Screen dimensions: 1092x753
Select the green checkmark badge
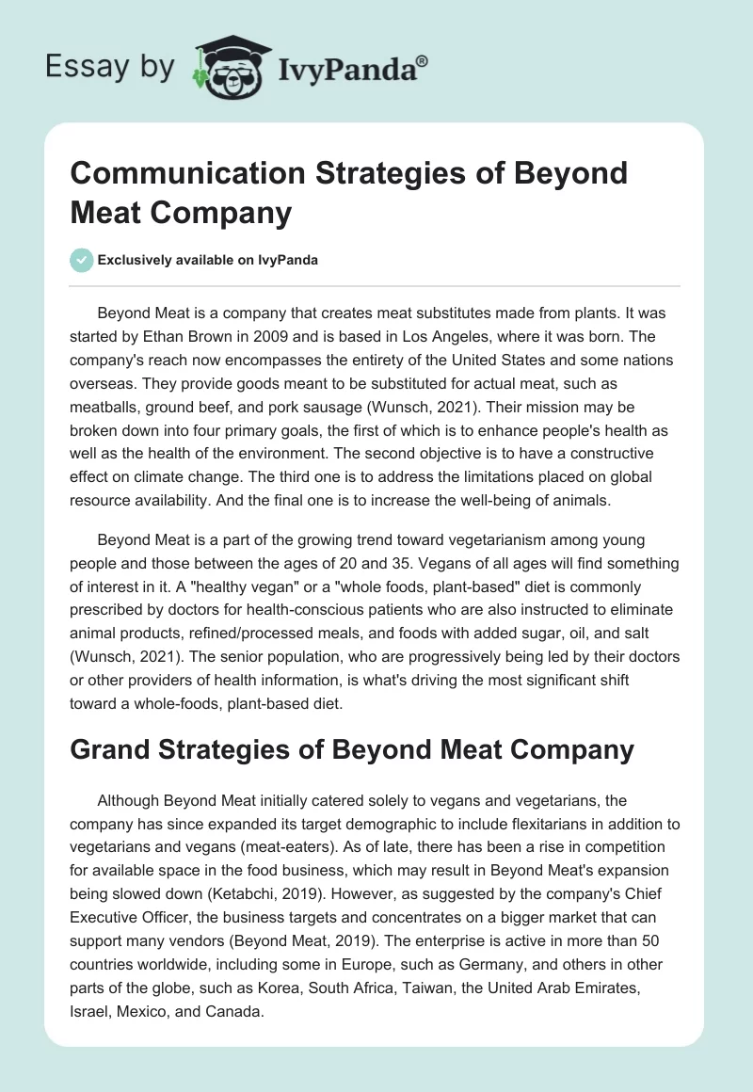tap(82, 260)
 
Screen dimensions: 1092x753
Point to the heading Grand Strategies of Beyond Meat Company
tap(353, 749)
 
